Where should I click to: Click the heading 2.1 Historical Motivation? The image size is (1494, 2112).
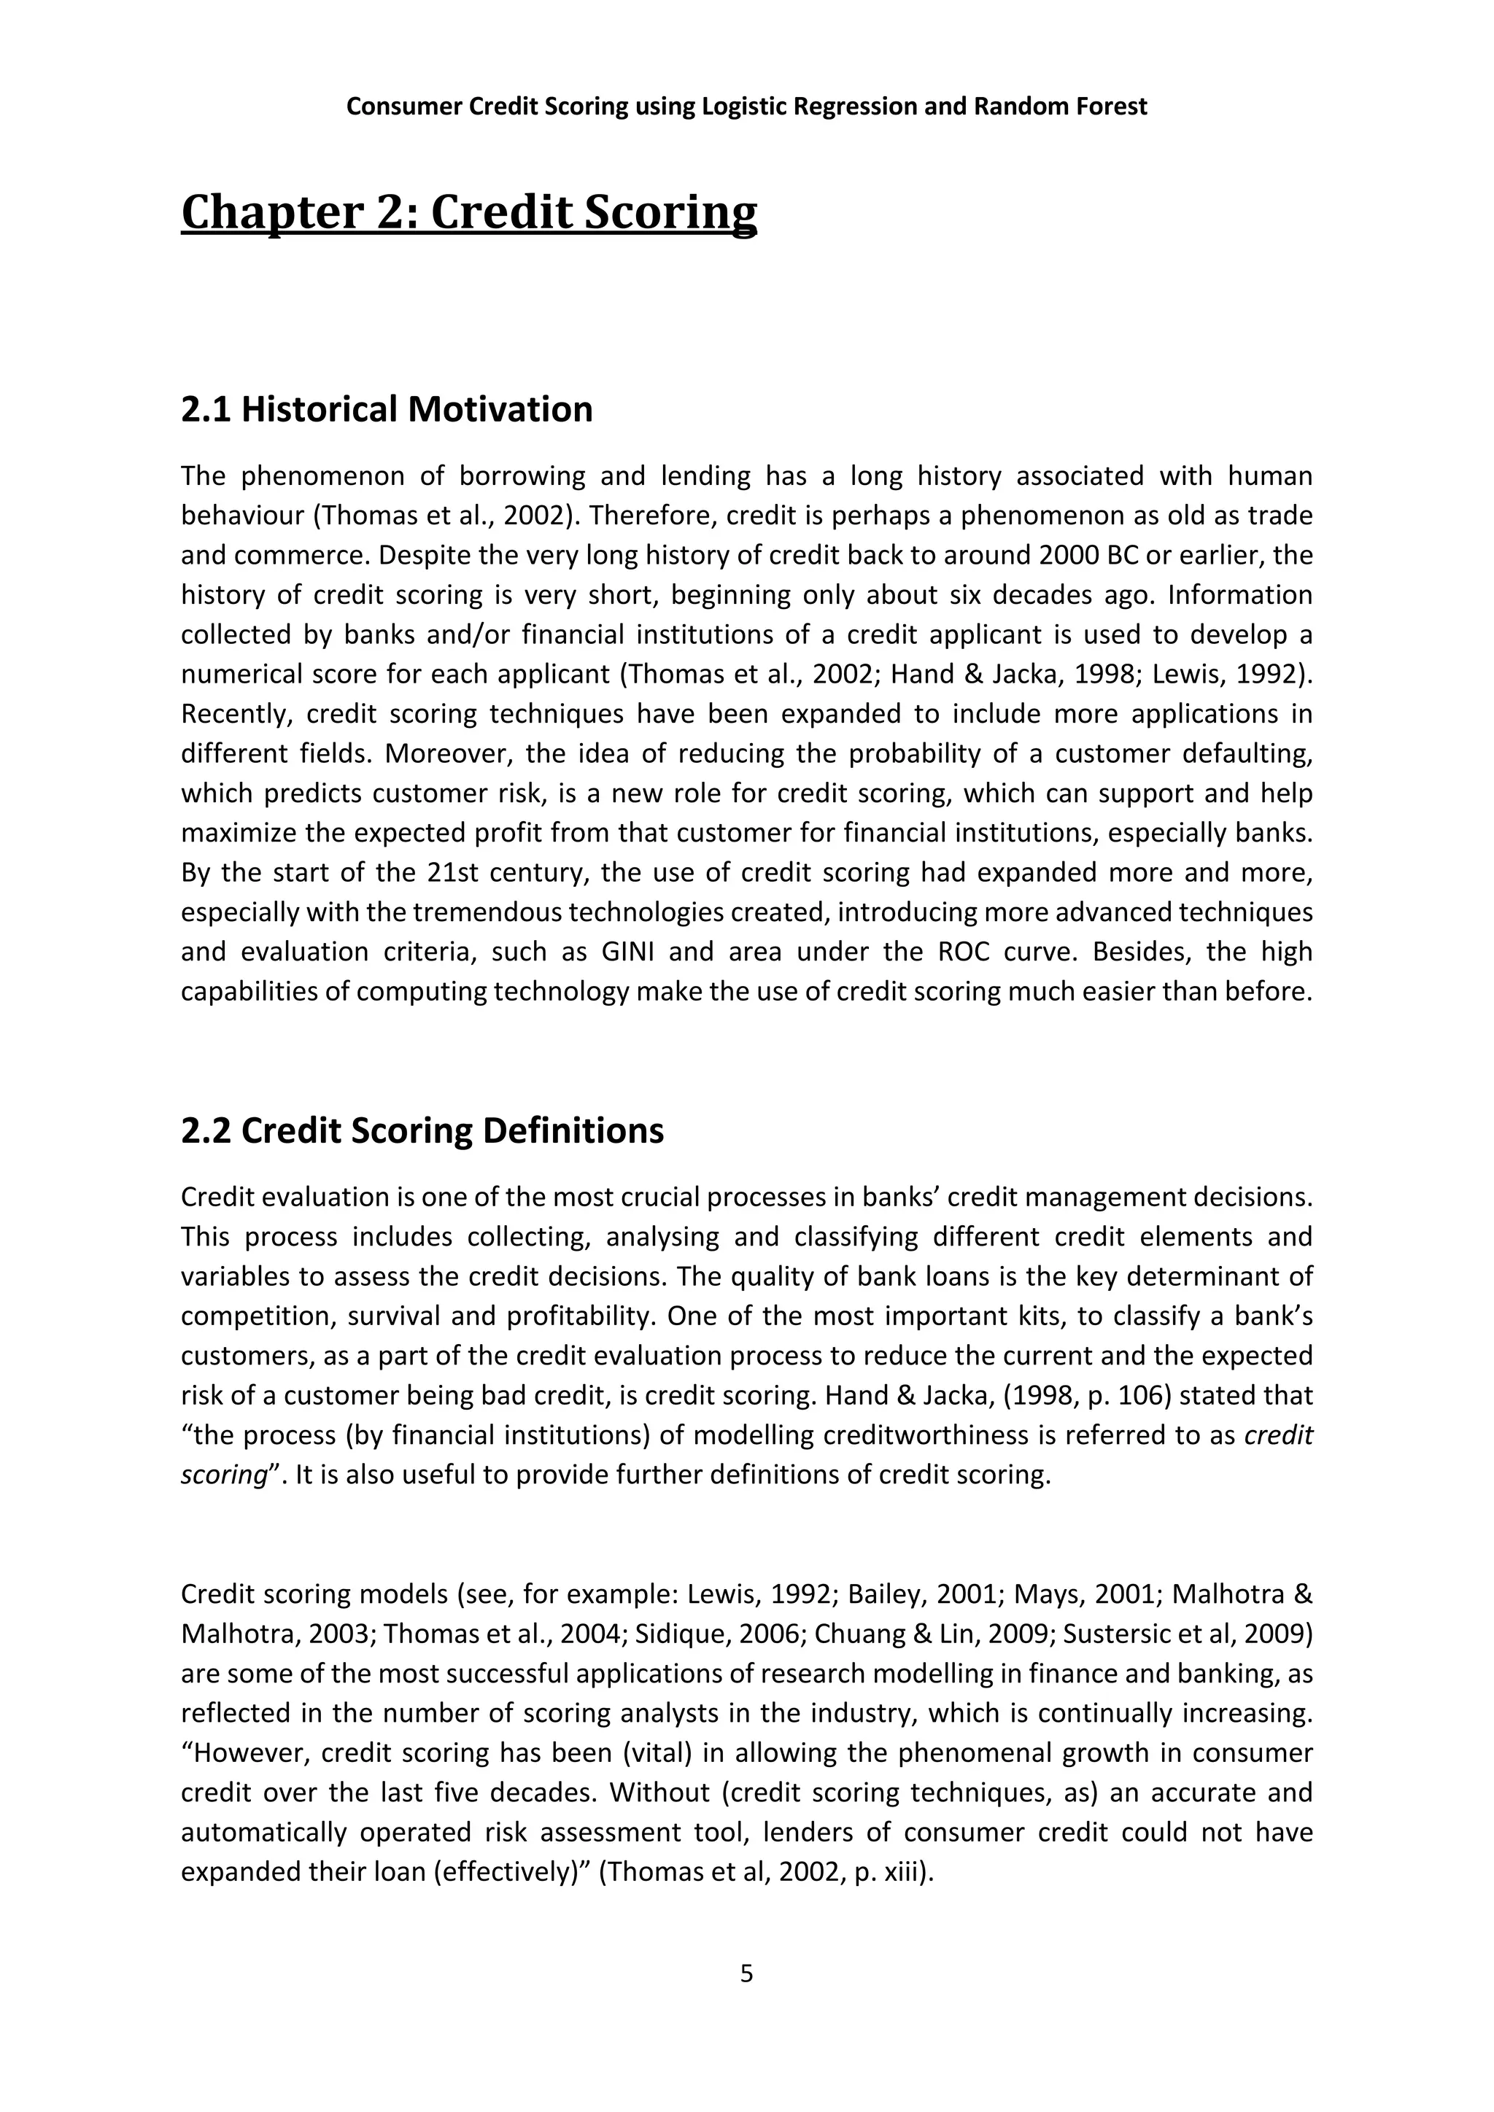coord(387,409)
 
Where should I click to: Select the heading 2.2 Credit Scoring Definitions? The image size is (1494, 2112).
coord(422,1130)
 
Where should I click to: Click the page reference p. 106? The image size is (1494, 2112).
coord(1131,1395)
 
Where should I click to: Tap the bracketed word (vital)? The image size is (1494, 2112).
coord(657,1752)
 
